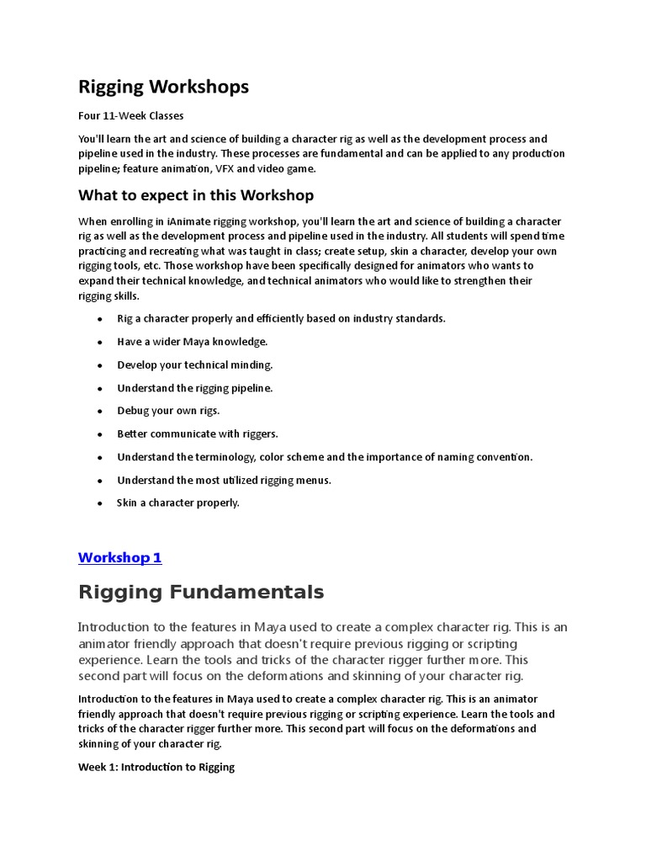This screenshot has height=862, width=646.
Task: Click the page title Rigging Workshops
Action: pos(163,87)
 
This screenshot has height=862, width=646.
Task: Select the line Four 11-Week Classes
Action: pos(130,115)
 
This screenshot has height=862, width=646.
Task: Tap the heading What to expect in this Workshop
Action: pos(196,195)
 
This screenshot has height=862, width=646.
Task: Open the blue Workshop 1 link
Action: pos(119,557)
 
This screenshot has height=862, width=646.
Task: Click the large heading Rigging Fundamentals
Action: pos(200,592)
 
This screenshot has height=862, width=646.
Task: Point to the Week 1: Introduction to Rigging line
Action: pos(156,767)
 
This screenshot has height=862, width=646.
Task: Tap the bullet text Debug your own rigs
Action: pos(168,411)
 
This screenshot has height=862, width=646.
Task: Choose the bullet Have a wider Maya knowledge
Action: pos(192,342)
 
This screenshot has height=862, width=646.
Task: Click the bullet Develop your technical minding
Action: pos(195,364)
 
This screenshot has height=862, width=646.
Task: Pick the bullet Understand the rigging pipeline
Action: pos(195,388)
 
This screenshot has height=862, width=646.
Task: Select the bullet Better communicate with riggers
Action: pos(198,434)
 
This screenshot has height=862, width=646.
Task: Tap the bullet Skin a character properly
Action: pos(178,503)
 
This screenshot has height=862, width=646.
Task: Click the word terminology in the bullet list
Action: pos(226,457)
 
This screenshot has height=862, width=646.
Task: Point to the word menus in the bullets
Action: pos(315,480)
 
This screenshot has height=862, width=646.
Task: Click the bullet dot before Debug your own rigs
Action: pos(100,412)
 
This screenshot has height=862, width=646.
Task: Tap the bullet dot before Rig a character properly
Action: pos(100,320)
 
